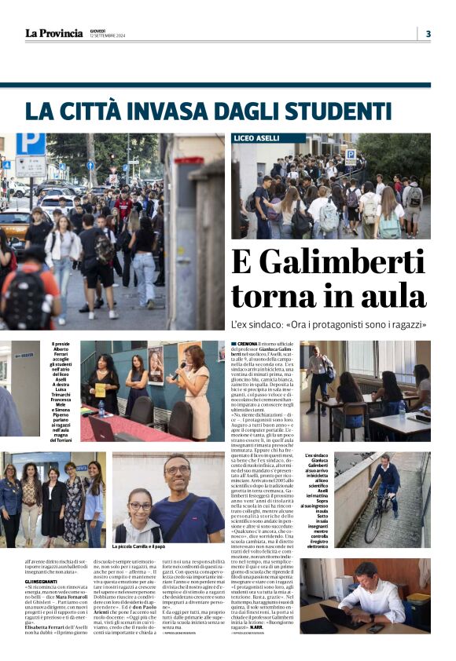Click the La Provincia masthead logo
click(53, 33)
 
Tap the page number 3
click(428, 33)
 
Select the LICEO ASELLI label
click(257, 138)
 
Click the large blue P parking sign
click(31, 144)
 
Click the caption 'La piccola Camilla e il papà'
click(145, 547)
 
